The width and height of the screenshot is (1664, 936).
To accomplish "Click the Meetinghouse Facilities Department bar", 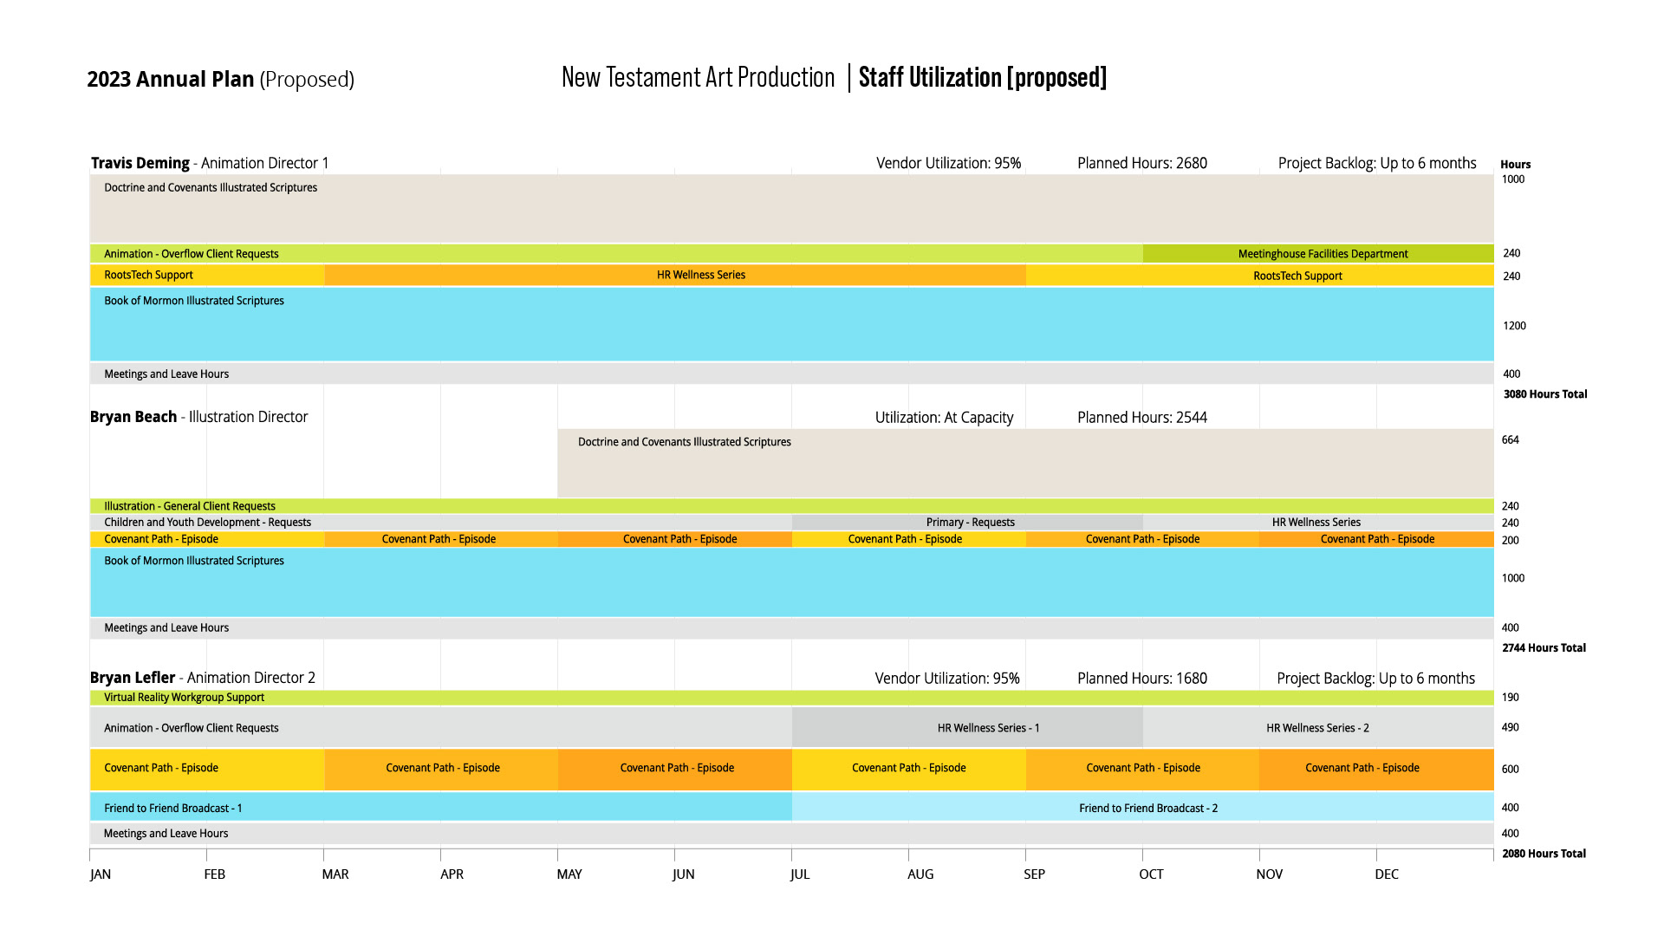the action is tap(1322, 254).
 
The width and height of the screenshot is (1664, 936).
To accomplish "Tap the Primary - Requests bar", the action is tap(969, 523).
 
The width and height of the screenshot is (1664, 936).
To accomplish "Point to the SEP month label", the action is tap(1034, 874).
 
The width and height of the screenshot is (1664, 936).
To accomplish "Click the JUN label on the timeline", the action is tap(683, 874).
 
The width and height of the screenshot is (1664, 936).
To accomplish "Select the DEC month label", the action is tap(1386, 874).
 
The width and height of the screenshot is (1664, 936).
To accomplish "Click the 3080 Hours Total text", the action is tap(1544, 394).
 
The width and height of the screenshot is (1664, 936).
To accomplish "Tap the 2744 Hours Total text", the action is tap(1544, 648).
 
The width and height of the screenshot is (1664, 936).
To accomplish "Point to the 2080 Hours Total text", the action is tap(1544, 854).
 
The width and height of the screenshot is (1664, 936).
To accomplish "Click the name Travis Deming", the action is tap(140, 163).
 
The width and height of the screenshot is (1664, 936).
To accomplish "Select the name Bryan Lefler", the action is tap(133, 678).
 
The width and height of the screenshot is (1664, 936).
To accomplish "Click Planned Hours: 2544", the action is tap(1141, 418).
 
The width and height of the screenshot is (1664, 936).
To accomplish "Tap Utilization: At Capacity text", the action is tap(944, 418).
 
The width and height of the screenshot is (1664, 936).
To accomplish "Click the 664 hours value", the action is tap(1510, 440).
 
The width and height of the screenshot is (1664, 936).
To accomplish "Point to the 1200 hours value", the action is tap(1514, 326).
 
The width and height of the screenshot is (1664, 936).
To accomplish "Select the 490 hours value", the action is tap(1510, 728).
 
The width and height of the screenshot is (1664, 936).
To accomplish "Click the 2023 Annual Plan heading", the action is tap(171, 80).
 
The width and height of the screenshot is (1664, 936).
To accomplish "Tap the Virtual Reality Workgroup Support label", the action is tap(184, 698).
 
